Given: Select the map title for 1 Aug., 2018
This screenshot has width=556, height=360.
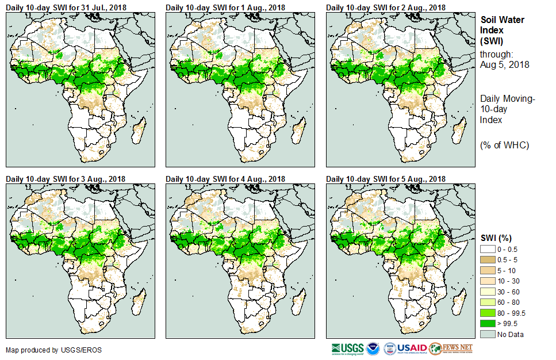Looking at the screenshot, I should pyautogui.click(x=225, y=7).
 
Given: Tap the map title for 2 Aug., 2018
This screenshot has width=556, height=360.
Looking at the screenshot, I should pyautogui.click(x=386, y=7).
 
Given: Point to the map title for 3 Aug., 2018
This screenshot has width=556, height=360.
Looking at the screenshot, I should pyautogui.click(x=66, y=179).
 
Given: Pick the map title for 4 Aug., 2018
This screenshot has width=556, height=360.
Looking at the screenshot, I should pyautogui.click(x=225, y=179).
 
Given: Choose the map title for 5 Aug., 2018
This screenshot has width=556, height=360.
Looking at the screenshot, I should pyautogui.click(x=386, y=179).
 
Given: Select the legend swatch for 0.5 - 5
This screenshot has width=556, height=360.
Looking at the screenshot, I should pyautogui.click(x=488, y=259).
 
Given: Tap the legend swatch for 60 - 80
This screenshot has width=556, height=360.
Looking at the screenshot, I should pyautogui.click(x=488, y=301).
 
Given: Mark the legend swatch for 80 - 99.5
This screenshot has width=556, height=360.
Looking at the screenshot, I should pyautogui.click(x=488, y=312).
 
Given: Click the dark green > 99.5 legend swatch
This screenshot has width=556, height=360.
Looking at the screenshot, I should pyautogui.click(x=488, y=323).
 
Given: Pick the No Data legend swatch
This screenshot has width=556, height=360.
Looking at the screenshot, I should pyautogui.click(x=488, y=334).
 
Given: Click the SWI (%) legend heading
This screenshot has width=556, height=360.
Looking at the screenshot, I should pyautogui.click(x=496, y=238).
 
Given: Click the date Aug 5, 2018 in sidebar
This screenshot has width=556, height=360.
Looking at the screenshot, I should pyautogui.click(x=505, y=64).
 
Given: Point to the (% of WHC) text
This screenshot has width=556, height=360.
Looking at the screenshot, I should pyautogui.click(x=504, y=145).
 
